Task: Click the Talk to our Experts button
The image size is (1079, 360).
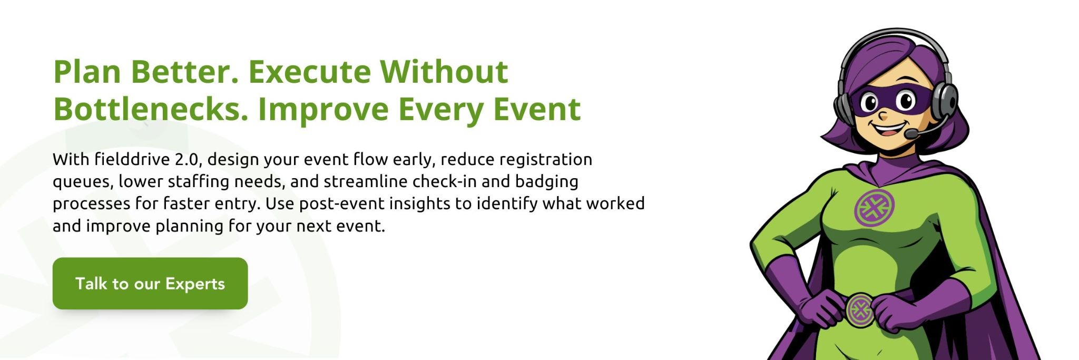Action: click(150, 284)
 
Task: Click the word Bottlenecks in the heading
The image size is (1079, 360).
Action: click(151, 109)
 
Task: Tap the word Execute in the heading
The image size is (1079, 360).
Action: click(309, 72)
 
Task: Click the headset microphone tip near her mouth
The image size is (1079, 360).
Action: click(911, 134)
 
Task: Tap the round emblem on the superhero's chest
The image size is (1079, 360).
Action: click(874, 208)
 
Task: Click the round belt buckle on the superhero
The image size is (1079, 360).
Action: click(860, 309)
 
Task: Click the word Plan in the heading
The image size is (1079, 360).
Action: click(87, 72)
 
